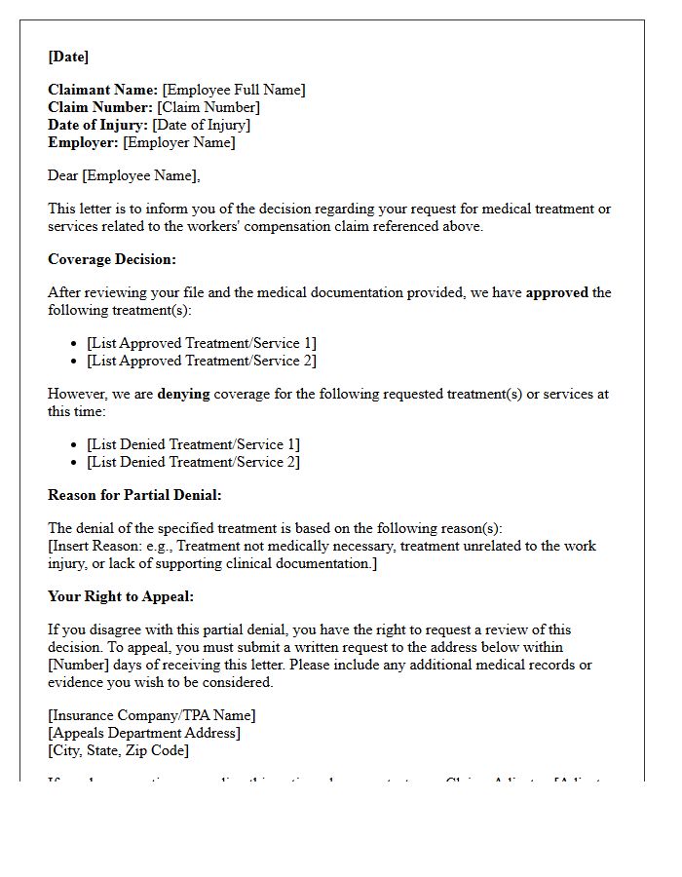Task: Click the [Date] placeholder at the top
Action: click(68, 57)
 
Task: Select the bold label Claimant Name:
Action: click(102, 90)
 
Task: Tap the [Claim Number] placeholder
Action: click(208, 107)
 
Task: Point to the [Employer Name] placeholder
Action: click(179, 142)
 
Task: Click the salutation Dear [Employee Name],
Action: click(124, 175)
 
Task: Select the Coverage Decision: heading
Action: click(112, 259)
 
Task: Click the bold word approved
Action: click(556, 292)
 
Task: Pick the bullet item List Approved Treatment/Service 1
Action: click(202, 343)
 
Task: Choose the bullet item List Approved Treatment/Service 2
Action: click(202, 361)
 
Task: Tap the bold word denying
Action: click(187, 394)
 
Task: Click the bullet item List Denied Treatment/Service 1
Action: click(193, 444)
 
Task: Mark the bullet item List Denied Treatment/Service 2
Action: click(193, 462)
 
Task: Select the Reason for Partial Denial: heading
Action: click(134, 495)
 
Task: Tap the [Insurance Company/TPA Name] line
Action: click(152, 715)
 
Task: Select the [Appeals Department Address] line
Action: click(144, 733)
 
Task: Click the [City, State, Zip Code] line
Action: click(119, 750)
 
